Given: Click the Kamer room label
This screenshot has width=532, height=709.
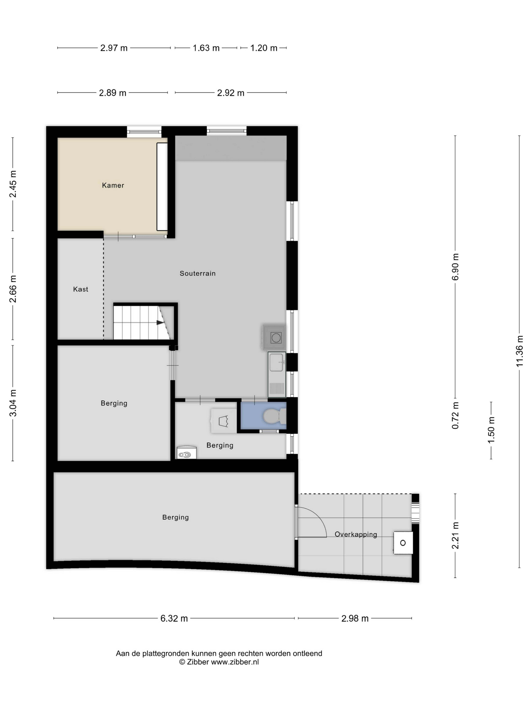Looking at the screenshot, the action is click(113, 185).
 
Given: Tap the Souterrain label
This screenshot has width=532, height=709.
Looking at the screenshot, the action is click(198, 273).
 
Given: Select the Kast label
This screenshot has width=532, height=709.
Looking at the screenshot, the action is click(80, 289).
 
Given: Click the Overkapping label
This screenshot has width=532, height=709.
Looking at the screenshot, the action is click(356, 534).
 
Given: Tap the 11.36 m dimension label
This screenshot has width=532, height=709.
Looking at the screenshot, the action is click(520, 351).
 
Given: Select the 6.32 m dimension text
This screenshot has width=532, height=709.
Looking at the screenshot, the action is click(174, 618).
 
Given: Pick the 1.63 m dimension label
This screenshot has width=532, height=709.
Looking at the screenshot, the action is click(206, 48).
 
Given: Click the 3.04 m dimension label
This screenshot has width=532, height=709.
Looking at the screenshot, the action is click(13, 403).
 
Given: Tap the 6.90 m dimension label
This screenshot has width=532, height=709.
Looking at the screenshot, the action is click(455, 267).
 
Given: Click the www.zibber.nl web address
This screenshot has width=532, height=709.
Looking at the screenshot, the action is click(235, 662).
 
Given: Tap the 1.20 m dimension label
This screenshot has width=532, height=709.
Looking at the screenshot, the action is click(264, 48).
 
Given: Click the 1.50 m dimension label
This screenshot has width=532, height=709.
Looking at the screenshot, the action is click(491, 430).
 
